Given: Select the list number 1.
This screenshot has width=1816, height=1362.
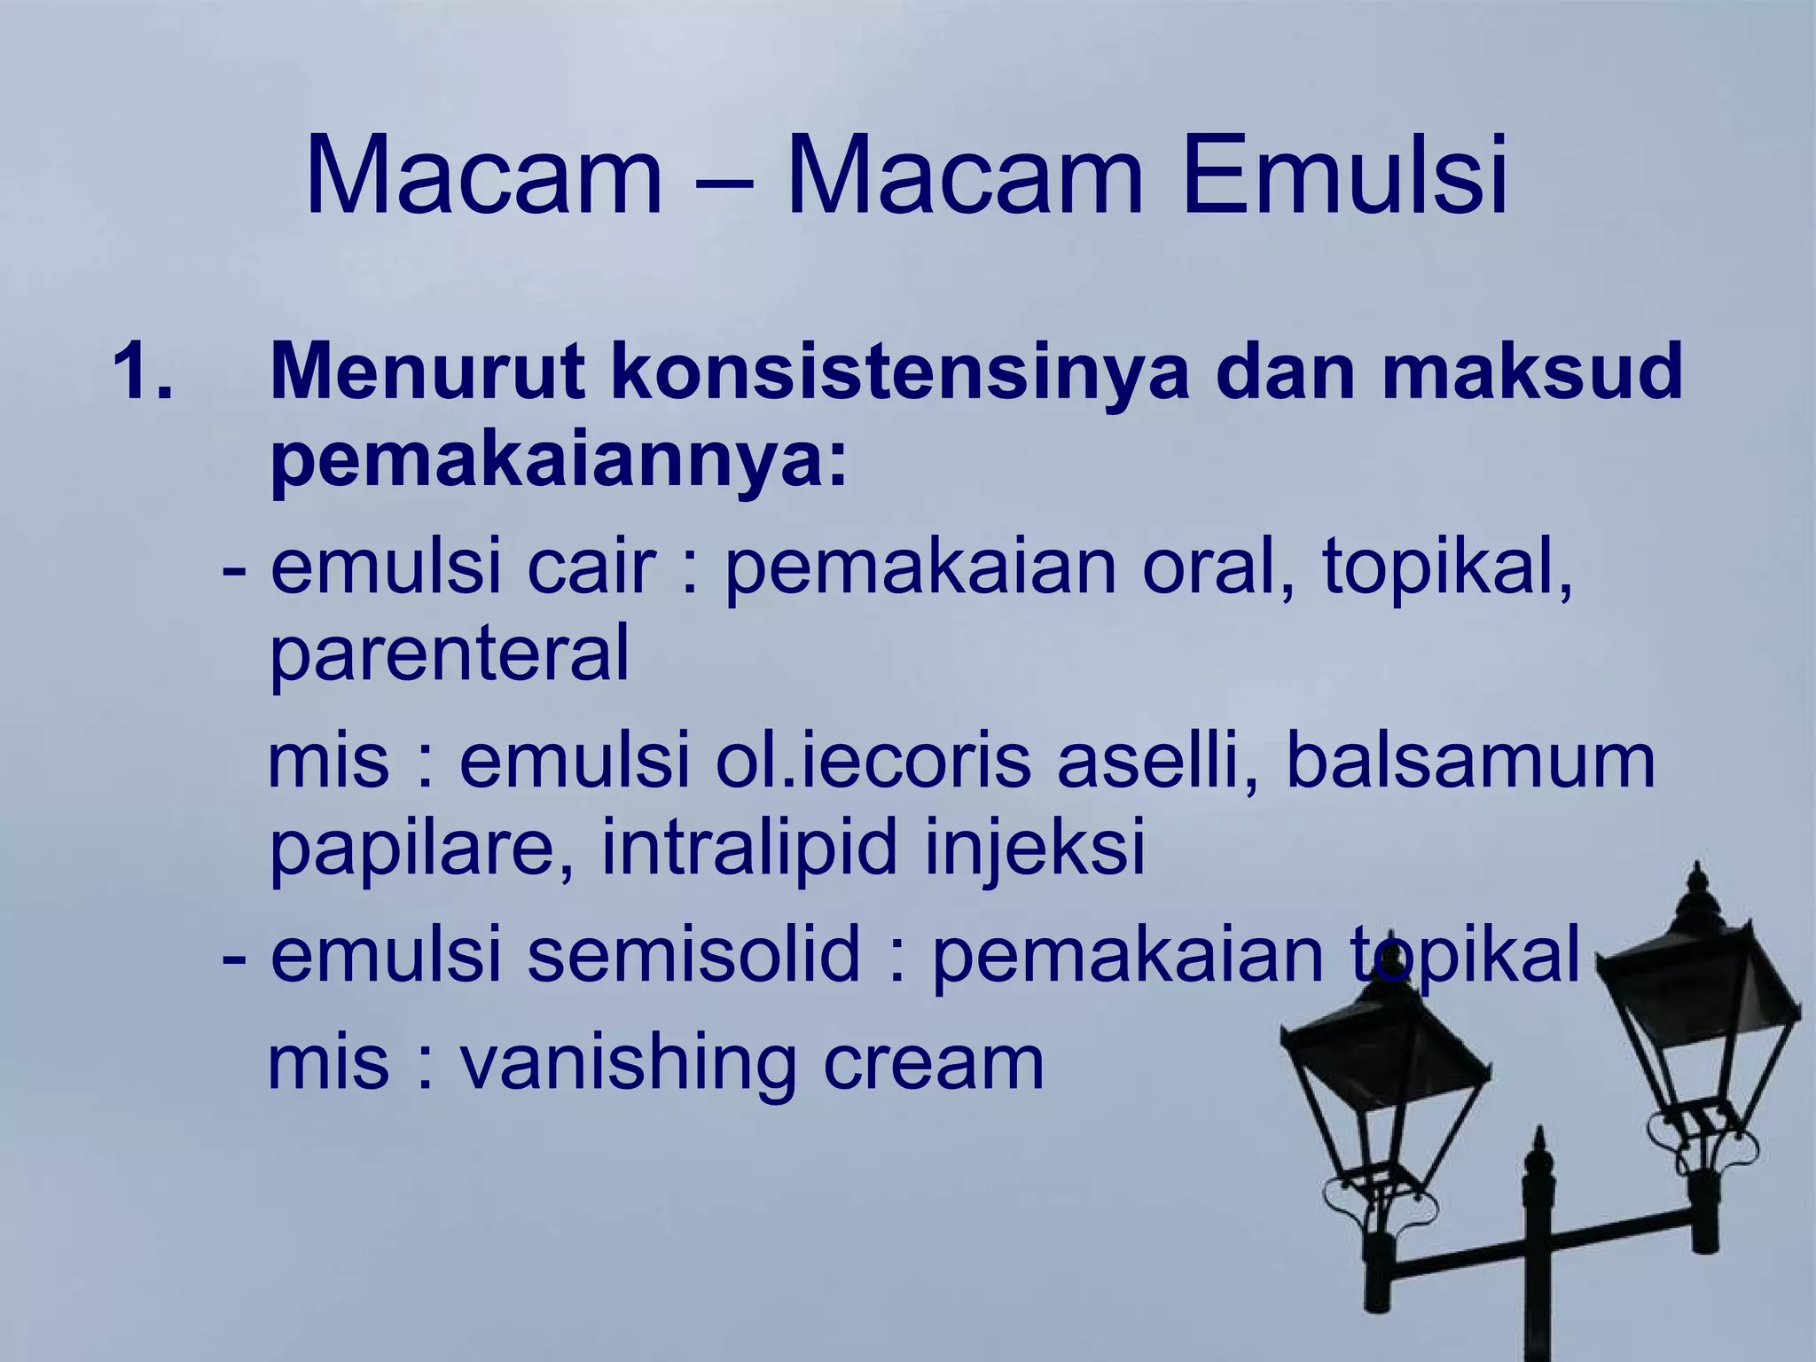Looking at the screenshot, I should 142,372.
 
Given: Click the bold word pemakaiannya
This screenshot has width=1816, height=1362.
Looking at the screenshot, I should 559,466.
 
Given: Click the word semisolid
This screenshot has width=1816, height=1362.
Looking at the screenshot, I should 694,954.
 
